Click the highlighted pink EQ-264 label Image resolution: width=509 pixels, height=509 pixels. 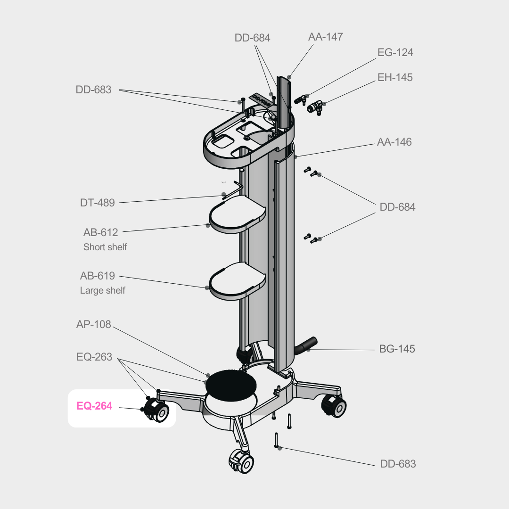[x=94, y=406]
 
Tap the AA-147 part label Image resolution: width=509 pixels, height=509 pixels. [x=326, y=37]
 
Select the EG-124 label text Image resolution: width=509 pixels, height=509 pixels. [x=395, y=52]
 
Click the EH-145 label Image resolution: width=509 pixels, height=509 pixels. [x=395, y=77]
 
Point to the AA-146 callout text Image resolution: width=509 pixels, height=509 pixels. [x=394, y=142]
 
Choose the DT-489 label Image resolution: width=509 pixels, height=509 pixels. [x=97, y=203]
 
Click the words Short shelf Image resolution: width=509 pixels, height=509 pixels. [x=105, y=247]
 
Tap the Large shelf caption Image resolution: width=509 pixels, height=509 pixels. [x=102, y=291]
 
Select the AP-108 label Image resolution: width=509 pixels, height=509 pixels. [x=93, y=324]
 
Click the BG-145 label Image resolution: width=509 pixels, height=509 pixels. [x=397, y=349]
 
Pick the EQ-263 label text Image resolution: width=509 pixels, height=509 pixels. [x=94, y=357]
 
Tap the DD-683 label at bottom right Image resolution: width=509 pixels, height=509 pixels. [x=398, y=464]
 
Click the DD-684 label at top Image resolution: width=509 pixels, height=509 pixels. [x=252, y=38]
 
